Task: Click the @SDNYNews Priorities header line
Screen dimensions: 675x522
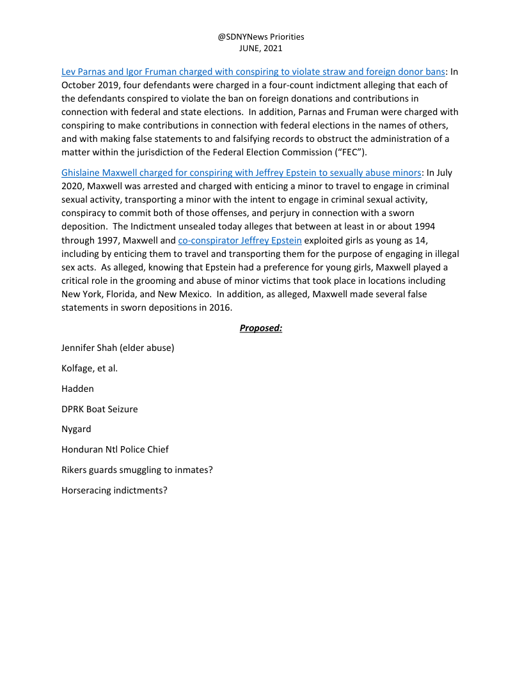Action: pos(261,37)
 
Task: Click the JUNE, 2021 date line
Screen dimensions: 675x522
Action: pos(261,48)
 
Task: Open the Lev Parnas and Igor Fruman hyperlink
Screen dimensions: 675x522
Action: pos(253,72)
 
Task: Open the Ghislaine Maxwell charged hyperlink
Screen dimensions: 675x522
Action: pos(241,173)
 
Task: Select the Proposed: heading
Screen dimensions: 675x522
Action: pos(261,328)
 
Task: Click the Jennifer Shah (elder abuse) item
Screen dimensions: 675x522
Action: pos(118,348)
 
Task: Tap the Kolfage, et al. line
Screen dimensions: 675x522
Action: pos(90,368)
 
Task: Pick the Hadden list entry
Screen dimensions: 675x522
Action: pos(77,389)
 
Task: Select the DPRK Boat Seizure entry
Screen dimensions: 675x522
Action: pos(99,409)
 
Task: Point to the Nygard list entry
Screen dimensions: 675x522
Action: pos(76,429)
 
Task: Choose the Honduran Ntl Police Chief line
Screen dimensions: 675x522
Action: pos(115,449)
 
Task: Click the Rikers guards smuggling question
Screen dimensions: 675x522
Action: pos(137,470)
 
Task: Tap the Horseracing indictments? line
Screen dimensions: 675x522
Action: pos(115,490)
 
